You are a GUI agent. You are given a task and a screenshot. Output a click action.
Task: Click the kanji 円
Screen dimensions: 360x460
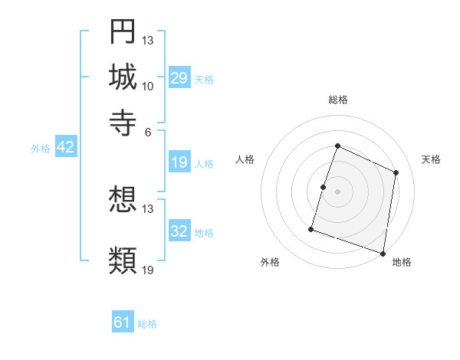tap(123, 31)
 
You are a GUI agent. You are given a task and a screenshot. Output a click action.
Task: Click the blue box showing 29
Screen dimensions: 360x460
tap(179, 78)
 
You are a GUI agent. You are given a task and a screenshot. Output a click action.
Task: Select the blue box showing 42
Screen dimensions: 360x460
tap(65, 148)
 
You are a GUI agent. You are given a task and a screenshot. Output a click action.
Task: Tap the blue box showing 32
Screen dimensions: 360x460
tap(179, 231)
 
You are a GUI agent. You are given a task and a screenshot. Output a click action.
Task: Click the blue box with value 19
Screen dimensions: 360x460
tap(179, 162)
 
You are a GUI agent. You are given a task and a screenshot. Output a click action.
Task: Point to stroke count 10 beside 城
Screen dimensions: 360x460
tap(148, 86)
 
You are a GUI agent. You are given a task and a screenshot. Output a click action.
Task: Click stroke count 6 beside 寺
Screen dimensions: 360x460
tap(148, 131)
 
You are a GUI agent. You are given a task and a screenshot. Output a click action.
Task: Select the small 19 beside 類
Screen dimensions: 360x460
tap(148, 270)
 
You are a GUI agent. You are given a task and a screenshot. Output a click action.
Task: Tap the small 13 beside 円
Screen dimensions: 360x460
tap(148, 40)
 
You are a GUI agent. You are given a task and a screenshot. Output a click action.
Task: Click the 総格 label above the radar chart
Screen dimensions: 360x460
tap(337, 100)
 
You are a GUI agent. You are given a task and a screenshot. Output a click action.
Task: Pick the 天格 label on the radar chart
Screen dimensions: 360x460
tap(431, 159)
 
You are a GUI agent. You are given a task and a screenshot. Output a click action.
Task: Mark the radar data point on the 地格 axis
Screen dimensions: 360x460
tap(383, 253)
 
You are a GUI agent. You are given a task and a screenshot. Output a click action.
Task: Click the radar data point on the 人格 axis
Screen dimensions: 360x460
tap(324, 187)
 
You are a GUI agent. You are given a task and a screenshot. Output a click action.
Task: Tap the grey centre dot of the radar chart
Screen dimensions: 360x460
tap(337, 191)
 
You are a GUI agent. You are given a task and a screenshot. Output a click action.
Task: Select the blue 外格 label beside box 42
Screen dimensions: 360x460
tap(40, 149)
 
